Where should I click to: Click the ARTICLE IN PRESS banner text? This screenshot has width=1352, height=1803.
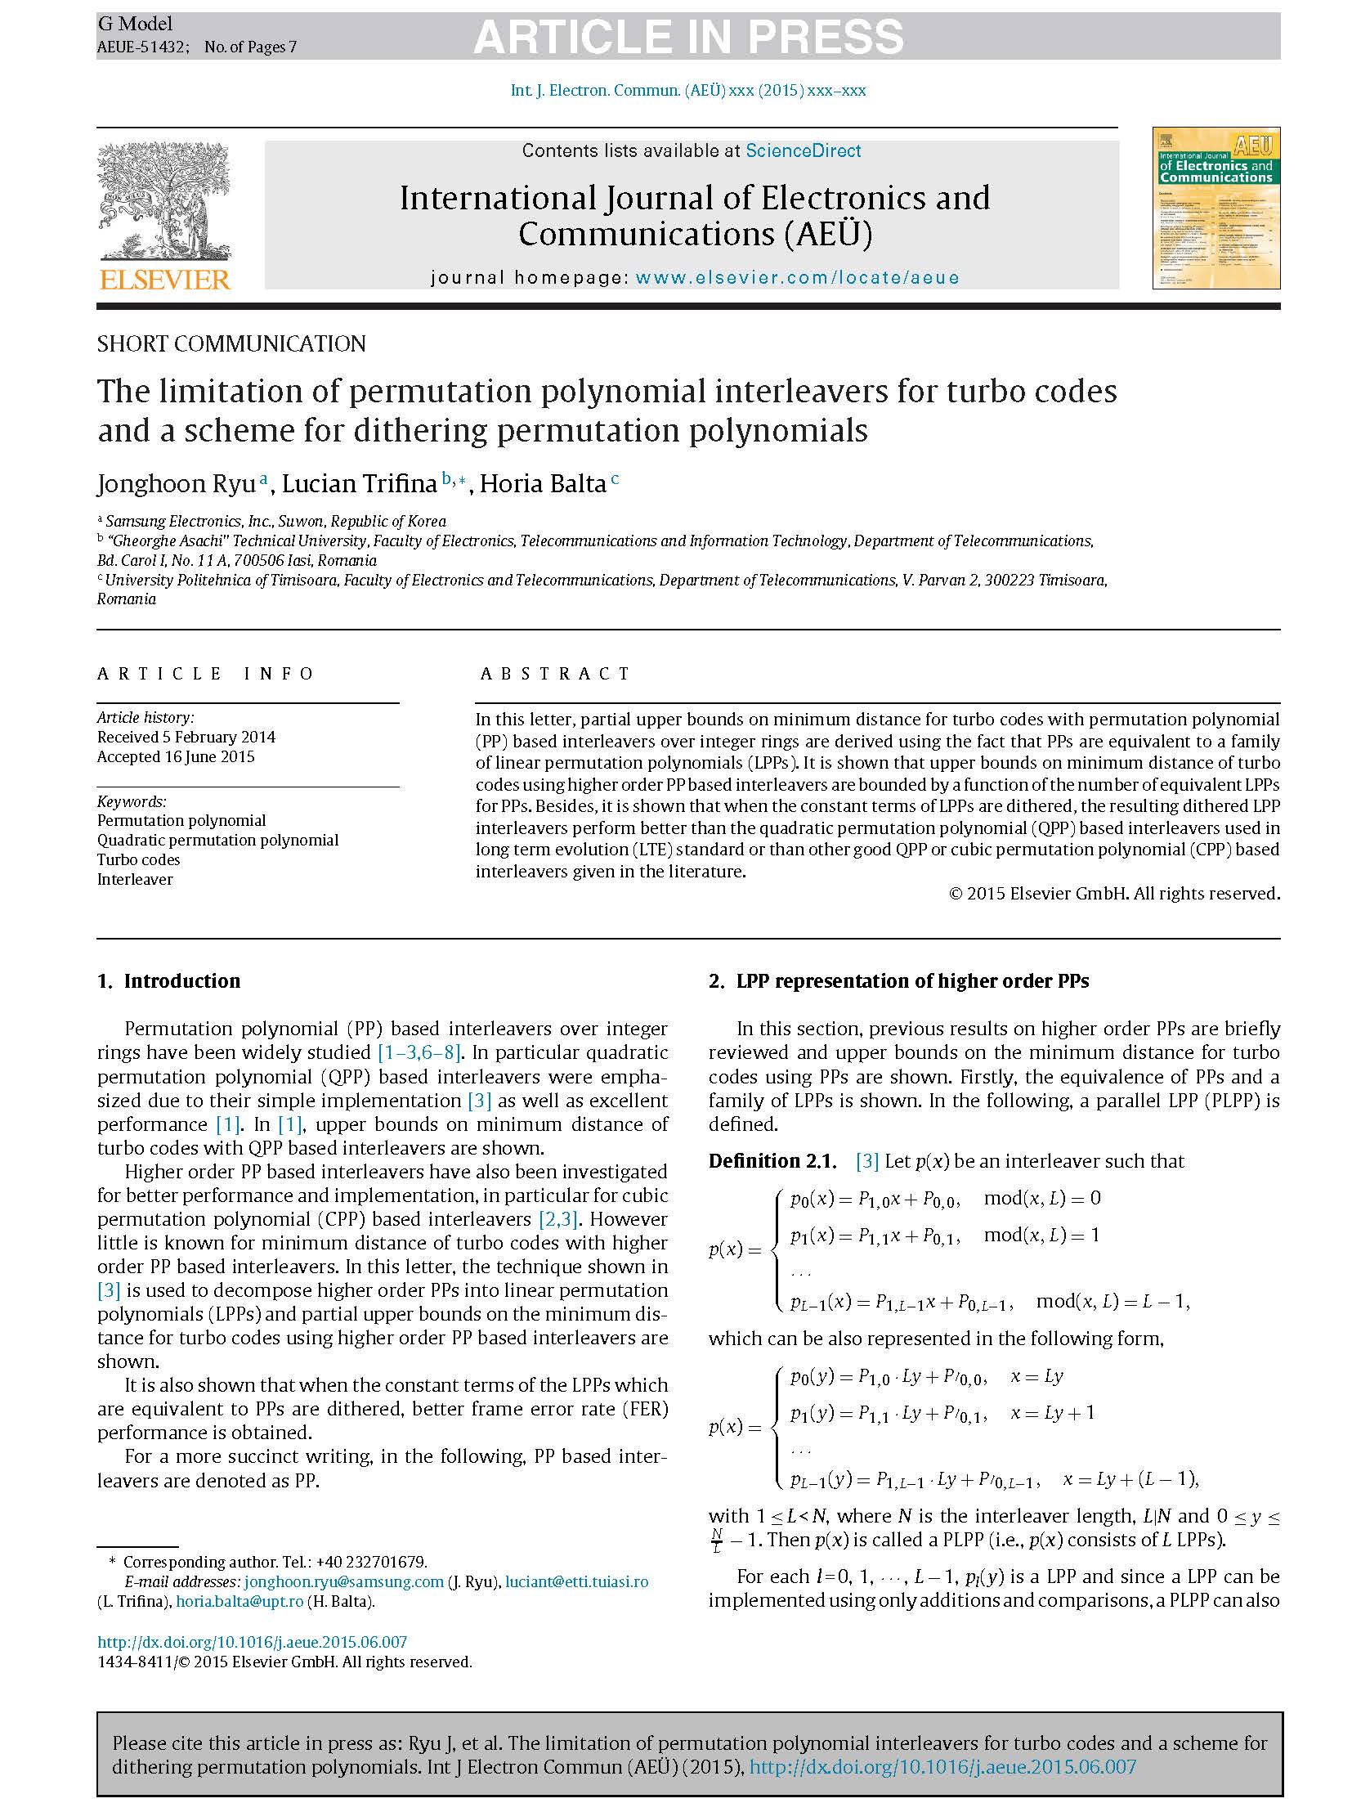688,37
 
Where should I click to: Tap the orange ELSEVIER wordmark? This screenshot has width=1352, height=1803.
164,280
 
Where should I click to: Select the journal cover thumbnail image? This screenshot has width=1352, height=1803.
1215,208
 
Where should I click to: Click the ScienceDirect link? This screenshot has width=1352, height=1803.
803,150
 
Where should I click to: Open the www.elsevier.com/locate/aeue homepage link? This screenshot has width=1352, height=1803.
797,277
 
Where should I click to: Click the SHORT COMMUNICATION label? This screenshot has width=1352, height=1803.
231,343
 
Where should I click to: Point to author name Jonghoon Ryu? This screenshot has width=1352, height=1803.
176,484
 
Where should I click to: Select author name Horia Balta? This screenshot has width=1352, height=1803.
542,484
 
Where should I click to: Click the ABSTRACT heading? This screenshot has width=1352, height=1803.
555,674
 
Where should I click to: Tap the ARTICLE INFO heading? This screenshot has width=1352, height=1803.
205,674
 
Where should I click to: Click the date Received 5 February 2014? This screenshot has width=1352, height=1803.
186,737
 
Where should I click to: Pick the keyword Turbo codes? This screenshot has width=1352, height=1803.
138,859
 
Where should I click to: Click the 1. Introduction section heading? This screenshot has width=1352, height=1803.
168,981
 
